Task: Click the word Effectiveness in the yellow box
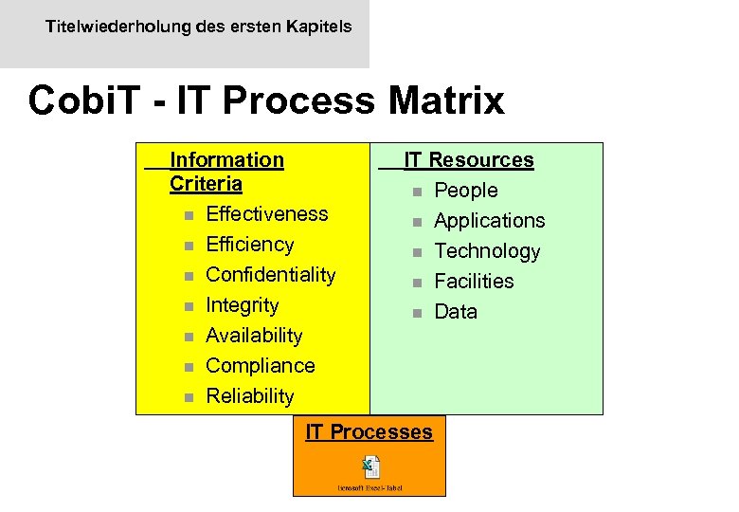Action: pos(266,214)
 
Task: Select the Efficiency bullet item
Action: pos(249,245)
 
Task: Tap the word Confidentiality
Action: pos(270,275)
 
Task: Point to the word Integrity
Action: pos(242,305)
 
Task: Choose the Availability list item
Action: pos(254,336)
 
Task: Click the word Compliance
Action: pos(260,366)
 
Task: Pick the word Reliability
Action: pos(249,396)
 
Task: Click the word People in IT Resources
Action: pos(465,191)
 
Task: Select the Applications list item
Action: pos(489,221)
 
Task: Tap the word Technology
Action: pos(486,251)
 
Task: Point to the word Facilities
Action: pos(473,282)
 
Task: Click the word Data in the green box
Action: pos(455,312)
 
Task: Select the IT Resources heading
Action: pos(468,160)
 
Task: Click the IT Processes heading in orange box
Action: pos(369,432)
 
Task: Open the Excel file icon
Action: pos(369,466)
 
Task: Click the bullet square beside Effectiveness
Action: pos(189,215)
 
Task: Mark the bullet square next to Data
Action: pos(416,313)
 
